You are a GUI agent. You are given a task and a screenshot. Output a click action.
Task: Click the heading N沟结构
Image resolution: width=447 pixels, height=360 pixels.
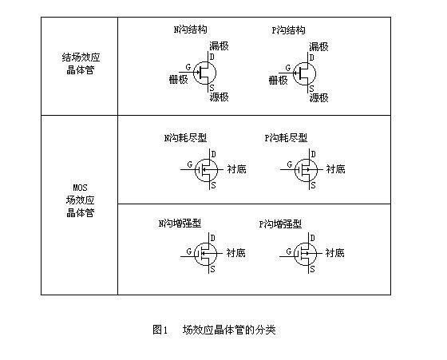click(x=191, y=30)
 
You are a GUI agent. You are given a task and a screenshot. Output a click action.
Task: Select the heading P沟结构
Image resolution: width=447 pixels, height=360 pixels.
click(x=288, y=30)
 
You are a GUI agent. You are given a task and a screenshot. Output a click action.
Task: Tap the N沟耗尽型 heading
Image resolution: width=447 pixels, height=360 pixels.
click(x=185, y=138)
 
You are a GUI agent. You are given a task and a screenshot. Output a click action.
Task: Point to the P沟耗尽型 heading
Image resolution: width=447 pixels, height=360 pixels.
click(x=286, y=138)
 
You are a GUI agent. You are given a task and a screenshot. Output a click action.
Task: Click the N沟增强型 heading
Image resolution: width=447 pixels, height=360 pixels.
click(x=180, y=224)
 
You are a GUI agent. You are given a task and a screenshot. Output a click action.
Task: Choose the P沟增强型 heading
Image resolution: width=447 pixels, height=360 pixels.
click(x=280, y=224)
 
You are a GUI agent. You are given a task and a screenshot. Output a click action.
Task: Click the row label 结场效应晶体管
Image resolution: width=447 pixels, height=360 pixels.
click(x=81, y=64)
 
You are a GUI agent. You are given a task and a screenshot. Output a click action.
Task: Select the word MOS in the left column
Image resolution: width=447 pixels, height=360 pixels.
click(x=80, y=188)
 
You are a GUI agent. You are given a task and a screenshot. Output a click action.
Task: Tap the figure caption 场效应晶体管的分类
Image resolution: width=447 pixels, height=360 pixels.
click(x=229, y=330)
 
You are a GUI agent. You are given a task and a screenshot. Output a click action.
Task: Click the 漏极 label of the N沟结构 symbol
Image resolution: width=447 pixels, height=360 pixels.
click(x=219, y=45)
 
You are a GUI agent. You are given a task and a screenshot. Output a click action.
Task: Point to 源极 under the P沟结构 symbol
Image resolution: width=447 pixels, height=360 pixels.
click(x=319, y=97)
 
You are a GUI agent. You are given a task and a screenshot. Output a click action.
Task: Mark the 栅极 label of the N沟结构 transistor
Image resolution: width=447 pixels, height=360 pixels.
click(x=179, y=79)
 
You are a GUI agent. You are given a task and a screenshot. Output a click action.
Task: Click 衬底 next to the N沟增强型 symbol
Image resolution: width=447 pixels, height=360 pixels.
click(x=235, y=253)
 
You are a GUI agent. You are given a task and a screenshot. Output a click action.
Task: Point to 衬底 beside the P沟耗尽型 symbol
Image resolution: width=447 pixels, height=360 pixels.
click(x=335, y=169)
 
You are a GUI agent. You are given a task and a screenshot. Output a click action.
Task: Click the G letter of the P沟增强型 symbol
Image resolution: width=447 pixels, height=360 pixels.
click(x=289, y=251)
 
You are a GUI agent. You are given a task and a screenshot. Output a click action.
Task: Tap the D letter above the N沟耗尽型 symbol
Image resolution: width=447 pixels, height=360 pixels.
click(x=214, y=154)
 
